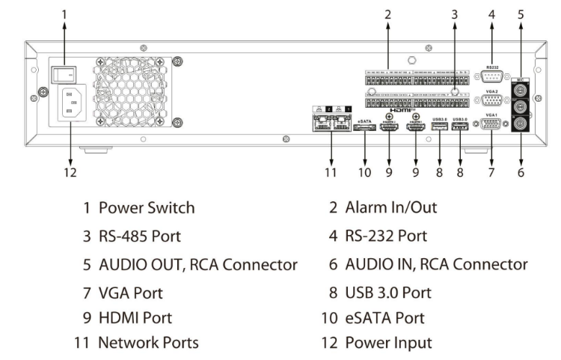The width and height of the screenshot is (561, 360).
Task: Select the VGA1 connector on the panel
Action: pyautogui.click(x=492, y=126)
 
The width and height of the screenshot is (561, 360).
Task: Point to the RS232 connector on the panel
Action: pyautogui.click(x=492, y=76)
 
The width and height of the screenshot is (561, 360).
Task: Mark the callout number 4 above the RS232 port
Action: pyautogui.click(x=491, y=13)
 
